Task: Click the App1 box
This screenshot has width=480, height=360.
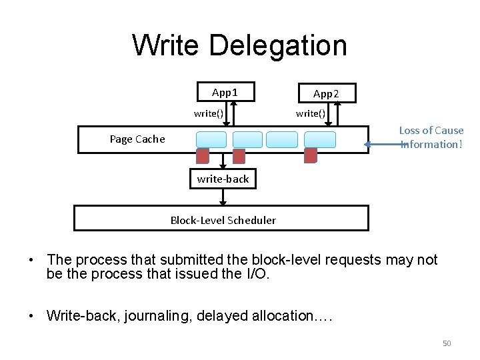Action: pos(225,92)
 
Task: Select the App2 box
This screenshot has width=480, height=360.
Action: pos(326,93)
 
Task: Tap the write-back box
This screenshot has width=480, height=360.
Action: pos(223,179)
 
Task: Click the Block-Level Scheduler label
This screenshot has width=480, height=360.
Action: pos(223,220)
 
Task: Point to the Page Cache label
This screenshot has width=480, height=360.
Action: pos(137,139)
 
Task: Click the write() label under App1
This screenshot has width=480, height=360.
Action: pos(208,113)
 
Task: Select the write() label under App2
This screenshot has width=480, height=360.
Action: pos(311,113)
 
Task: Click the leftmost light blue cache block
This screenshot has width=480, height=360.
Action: pos(211,139)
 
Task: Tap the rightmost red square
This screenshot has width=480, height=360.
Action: pos(310,155)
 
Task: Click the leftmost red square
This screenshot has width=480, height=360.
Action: pos(203,155)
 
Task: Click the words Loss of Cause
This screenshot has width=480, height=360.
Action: pos(431,131)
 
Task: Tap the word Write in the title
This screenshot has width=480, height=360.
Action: pos(165,46)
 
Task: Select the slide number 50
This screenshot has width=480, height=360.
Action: pos(447,343)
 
